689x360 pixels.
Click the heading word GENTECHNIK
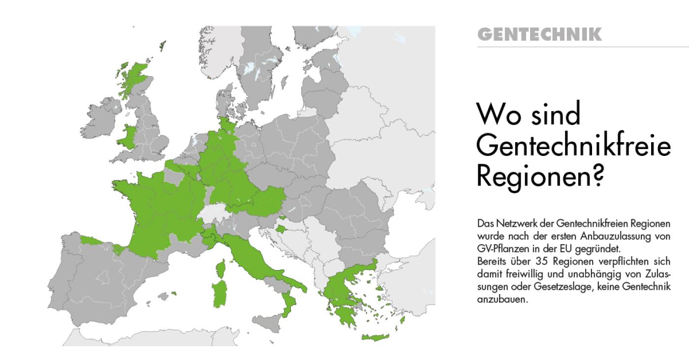[x=539, y=35]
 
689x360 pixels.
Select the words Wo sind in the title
[x=529, y=114]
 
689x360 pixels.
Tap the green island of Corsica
[x=221, y=268]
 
